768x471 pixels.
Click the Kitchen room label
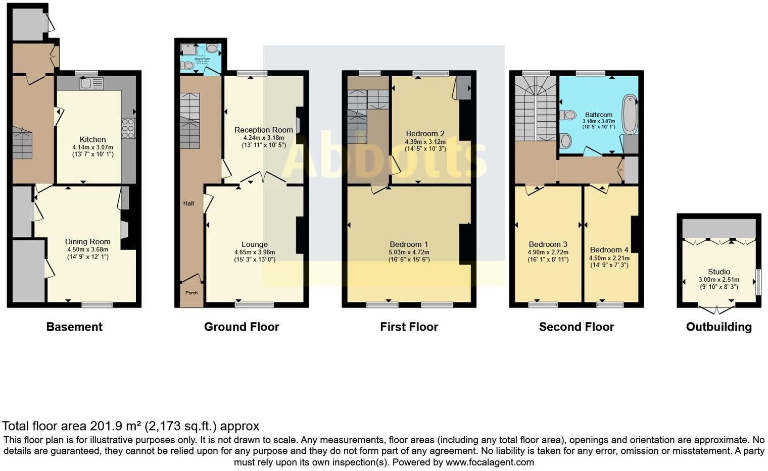(92, 139)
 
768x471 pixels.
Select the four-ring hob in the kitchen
(128, 128)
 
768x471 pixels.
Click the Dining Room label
(87, 242)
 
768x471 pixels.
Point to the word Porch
(191, 293)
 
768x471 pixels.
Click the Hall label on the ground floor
(188, 203)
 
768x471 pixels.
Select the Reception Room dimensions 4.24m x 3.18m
(263, 138)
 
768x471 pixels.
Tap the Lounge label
(255, 244)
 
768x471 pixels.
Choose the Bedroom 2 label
(425, 134)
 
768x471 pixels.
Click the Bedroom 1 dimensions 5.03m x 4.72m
(409, 252)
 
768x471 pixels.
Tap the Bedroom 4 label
(609, 250)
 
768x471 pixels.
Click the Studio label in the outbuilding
(718, 272)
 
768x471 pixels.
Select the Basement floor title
(74, 327)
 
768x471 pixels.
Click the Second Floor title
(576, 327)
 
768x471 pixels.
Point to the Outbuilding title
(718, 327)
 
